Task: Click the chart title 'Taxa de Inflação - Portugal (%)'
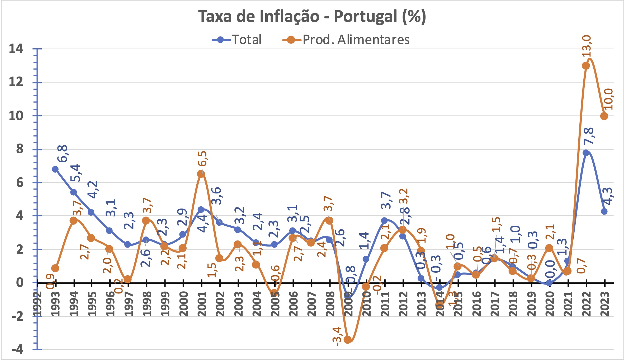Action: coord(312,16)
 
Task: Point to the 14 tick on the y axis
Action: coord(16,49)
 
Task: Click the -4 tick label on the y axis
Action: coord(17,349)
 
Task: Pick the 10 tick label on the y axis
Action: coord(16,116)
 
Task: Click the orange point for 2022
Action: coord(586,66)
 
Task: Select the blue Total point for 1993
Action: coord(55,169)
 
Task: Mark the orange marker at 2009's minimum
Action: coord(348,340)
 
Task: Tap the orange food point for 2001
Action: coord(201,174)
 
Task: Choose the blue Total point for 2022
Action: coord(586,153)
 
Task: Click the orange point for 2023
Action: coord(604,116)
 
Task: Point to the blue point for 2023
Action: coord(604,211)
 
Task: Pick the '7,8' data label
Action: coord(589,136)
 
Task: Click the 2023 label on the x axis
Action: coord(605,304)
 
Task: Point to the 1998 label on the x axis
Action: coord(147,304)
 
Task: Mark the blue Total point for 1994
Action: coord(74,192)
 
